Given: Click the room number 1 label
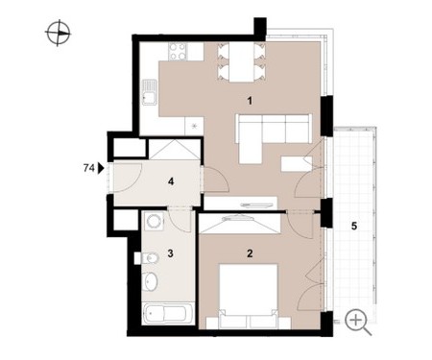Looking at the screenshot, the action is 250,101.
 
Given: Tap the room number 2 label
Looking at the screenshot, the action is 250,253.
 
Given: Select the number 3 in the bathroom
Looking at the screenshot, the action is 170,253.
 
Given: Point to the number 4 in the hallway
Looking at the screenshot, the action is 171,181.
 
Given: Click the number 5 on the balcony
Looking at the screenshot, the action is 354,227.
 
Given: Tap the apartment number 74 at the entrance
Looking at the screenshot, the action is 88,168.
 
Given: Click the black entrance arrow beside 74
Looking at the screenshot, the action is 101,168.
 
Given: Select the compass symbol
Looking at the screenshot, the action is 59,33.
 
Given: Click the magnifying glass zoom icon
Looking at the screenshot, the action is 358,322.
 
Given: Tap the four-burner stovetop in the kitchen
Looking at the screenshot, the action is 178,52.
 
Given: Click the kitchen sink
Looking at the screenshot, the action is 150,92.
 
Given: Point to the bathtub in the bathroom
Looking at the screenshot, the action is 168,314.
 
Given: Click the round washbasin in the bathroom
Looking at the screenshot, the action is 150,282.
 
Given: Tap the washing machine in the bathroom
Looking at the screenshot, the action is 154,221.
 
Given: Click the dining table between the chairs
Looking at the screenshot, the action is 241,62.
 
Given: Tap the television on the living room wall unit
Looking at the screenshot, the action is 254,205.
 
